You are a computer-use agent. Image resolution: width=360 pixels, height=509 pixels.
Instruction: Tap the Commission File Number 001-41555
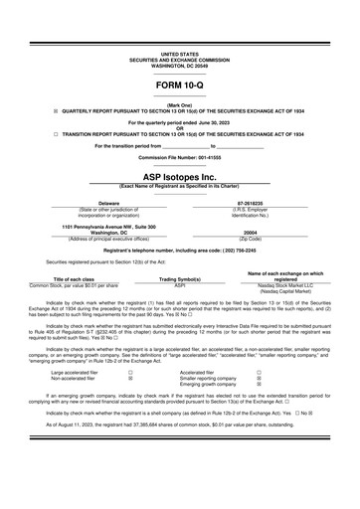pyautogui.click(x=179, y=157)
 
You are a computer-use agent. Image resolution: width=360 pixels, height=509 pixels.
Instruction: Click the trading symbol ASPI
pyautogui.click(x=180, y=284)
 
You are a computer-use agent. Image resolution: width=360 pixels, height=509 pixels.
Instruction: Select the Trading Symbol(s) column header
pyautogui.click(x=180, y=278)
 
